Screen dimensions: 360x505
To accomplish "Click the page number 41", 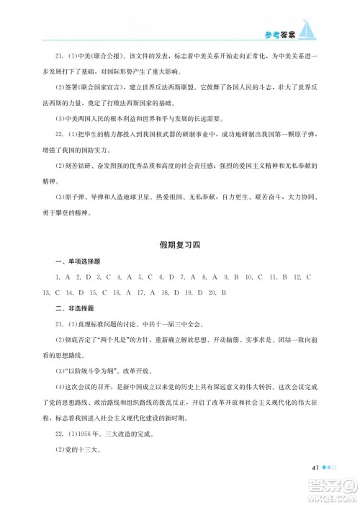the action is tap(315, 468).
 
